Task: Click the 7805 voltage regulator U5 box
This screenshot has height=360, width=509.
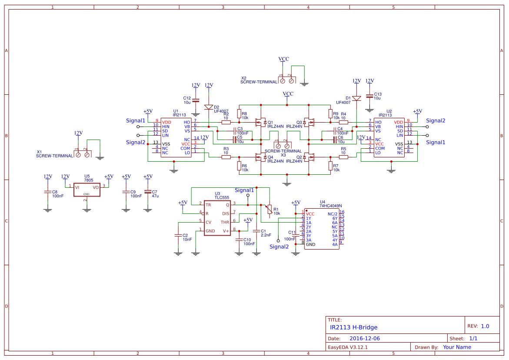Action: [x=87, y=190]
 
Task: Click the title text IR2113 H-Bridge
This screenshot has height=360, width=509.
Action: [x=353, y=327]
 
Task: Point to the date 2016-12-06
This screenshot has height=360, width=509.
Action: [x=365, y=338]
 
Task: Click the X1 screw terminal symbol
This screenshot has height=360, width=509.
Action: [x=83, y=153]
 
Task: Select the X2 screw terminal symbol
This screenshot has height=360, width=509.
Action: [x=287, y=80]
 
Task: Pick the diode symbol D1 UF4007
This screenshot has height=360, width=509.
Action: [x=356, y=98]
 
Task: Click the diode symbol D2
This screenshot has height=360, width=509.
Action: [x=209, y=107]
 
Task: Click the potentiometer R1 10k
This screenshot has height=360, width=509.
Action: [x=269, y=210]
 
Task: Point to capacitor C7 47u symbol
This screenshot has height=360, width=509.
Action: [x=148, y=191]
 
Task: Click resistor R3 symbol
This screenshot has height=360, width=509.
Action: [x=226, y=157]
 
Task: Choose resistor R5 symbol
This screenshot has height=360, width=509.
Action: [x=343, y=157]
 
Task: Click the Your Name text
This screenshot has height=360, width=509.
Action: [x=457, y=347]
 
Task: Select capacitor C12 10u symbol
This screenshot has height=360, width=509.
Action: [x=196, y=100]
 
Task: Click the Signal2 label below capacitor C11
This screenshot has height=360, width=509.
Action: [x=279, y=247]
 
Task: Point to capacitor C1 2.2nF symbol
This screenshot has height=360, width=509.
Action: [x=256, y=231]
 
